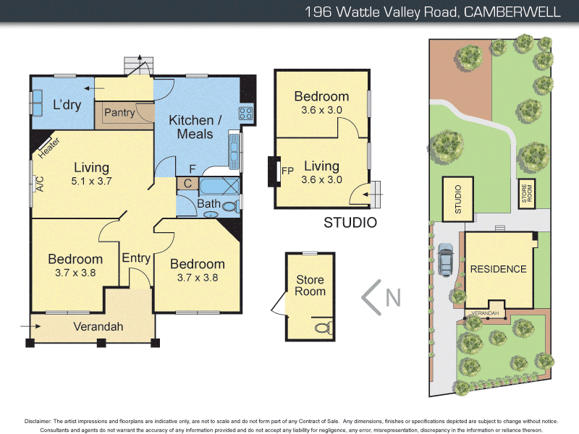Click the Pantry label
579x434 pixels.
(x=119, y=113)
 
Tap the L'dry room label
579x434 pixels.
(x=67, y=105)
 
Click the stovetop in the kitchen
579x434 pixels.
(x=245, y=113)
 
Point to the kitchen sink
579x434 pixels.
(x=234, y=148)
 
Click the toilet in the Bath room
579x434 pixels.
(x=231, y=207)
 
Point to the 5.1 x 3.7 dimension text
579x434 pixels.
(x=91, y=181)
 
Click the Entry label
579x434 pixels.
(x=136, y=258)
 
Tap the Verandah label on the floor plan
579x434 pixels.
(x=98, y=326)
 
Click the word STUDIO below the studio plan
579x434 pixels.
(x=350, y=222)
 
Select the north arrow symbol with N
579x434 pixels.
(x=381, y=297)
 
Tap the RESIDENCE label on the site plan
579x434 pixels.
(x=498, y=269)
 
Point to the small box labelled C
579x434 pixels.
(x=187, y=183)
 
